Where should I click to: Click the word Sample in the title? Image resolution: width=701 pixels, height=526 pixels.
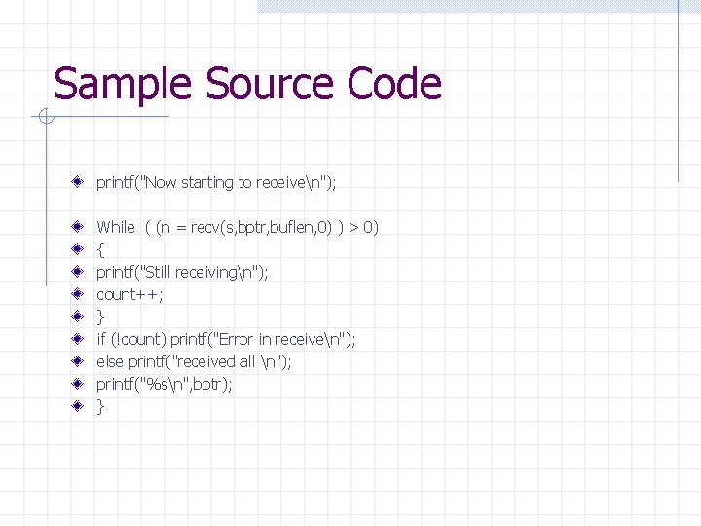[x=109, y=85]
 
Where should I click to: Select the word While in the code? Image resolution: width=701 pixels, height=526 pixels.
[x=116, y=227]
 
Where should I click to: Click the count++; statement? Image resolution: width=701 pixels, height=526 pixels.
[x=129, y=294]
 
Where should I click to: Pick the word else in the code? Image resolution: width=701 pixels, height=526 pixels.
[x=109, y=361]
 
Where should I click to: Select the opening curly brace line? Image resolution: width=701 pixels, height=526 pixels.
[x=100, y=249]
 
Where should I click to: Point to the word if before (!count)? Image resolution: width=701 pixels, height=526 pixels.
[x=100, y=339]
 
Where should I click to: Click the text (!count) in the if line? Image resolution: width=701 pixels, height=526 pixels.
[x=138, y=339]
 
